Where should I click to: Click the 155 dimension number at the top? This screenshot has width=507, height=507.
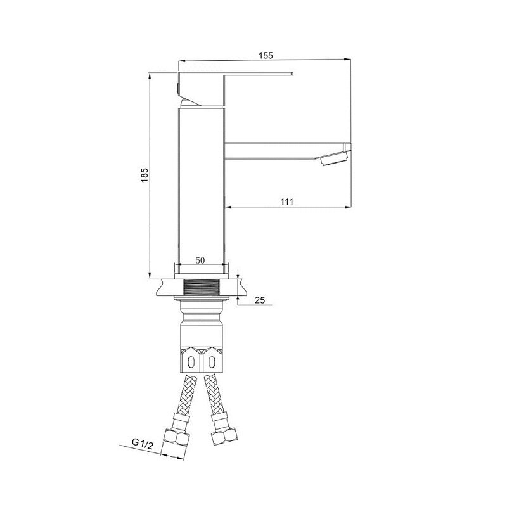(266, 55)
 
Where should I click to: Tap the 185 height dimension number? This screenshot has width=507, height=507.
(144, 175)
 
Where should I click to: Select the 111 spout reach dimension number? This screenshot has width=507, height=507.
(286, 202)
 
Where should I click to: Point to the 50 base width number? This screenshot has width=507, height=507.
(200, 260)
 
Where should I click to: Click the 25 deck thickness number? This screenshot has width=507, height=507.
(259, 300)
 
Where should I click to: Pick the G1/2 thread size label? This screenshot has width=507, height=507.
(142, 443)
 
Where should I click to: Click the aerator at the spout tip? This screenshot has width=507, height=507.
(335, 158)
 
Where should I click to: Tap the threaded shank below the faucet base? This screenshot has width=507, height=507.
(201, 287)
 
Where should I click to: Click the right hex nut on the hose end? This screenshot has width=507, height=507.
(224, 437)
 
